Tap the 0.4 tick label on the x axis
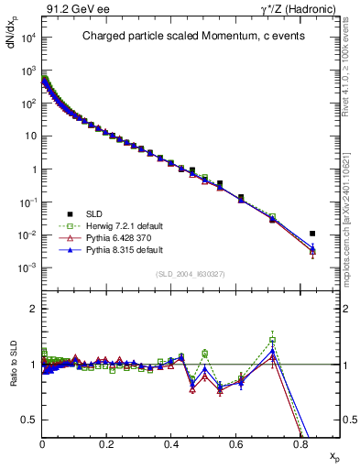(x=172, y=444)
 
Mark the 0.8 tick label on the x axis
(x=301, y=444)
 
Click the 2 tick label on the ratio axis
(x=32, y=309)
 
